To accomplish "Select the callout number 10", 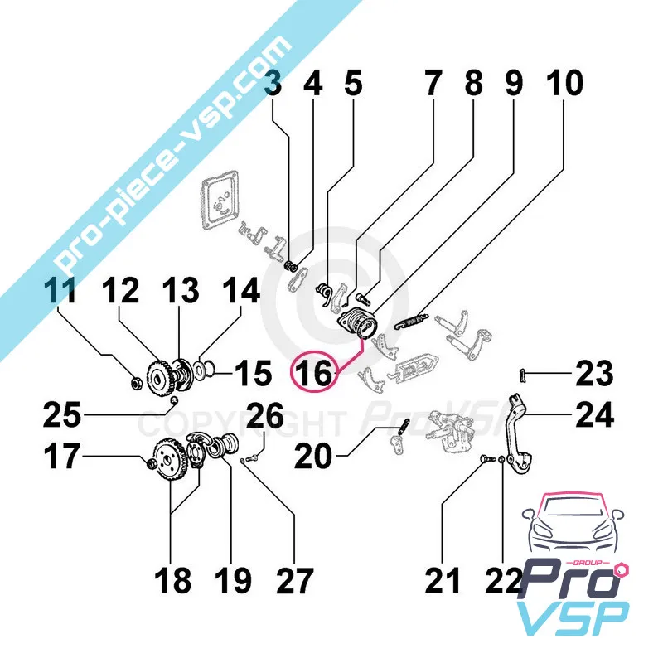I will (x=564, y=84).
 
